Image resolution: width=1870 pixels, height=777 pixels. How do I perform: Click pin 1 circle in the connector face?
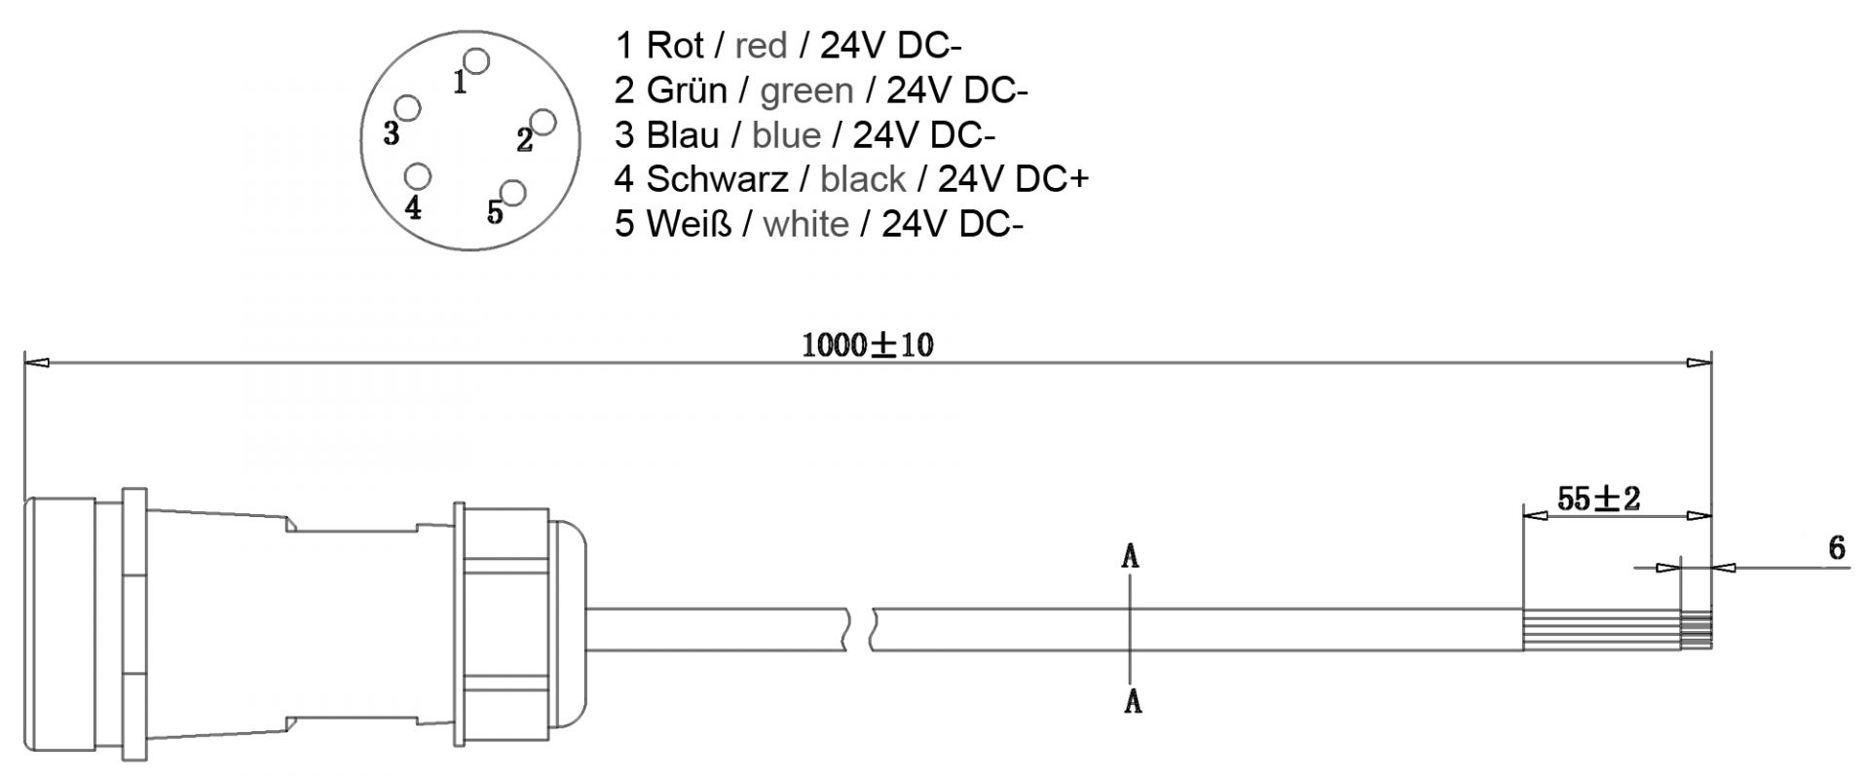pyautogui.click(x=476, y=61)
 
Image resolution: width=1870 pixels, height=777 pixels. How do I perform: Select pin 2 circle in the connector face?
pyautogui.click(x=543, y=122)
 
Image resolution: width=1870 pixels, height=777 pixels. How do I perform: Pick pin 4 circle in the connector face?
pyautogui.click(x=419, y=176)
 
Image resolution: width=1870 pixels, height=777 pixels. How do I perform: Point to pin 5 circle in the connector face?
pyautogui.click(x=512, y=192)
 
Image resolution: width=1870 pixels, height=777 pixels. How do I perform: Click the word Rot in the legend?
pyautogui.click(x=674, y=45)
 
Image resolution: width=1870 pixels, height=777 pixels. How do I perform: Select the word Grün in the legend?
pyautogui.click(x=686, y=90)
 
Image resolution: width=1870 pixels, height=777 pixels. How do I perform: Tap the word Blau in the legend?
pyautogui.click(x=682, y=134)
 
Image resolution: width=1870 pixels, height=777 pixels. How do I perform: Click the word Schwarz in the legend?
pyautogui.click(x=717, y=179)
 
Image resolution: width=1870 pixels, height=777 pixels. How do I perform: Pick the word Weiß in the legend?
pyautogui.click(x=688, y=224)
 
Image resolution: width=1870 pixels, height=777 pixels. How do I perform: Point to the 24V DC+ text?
pyautogui.click(x=1013, y=179)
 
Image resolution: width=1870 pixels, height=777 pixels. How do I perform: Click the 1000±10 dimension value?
pyautogui.click(x=867, y=345)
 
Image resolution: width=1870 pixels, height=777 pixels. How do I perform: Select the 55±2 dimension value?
pyautogui.click(x=1598, y=499)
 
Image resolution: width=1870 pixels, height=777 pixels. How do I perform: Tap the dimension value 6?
pyautogui.click(x=1836, y=548)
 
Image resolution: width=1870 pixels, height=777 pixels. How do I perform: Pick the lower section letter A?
pyautogui.click(x=1132, y=700)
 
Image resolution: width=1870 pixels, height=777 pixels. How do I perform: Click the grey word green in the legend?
pyautogui.click(x=806, y=90)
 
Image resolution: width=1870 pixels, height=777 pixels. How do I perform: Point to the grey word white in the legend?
pyautogui.click(x=805, y=224)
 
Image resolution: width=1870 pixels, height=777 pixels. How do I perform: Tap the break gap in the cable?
pyautogui.click(x=859, y=630)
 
